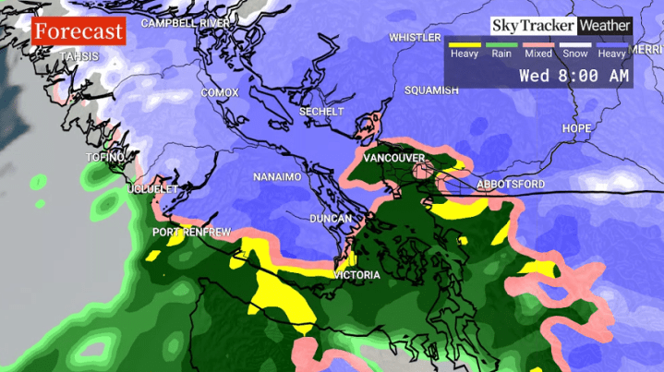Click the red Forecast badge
[78, 32]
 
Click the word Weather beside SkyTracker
[605, 26]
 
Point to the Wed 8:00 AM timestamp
[573, 75]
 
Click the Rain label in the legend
[501, 54]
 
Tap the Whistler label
[415, 38]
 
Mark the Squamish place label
[431, 90]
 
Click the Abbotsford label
[511, 185]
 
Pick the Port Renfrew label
[191, 232]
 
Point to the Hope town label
[576, 128]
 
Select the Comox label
[220, 93]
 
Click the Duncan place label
[331, 219]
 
